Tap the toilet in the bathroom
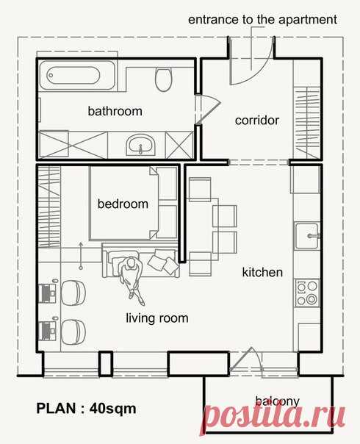coord(163,79)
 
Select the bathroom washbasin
coord(140,144)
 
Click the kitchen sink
coord(307,235)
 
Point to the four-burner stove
coord(307,293)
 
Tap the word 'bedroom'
coord(123,204)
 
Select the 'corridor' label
coord(257,121)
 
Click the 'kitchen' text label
coord(262,272)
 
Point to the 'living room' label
coord(157,318)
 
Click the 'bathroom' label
coord(115,111)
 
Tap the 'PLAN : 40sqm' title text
coord(86,408)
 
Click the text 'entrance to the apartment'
coord(262,20)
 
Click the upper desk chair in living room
coord(73,293)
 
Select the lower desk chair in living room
coord(73,332)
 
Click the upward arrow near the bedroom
coord(81,255)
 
